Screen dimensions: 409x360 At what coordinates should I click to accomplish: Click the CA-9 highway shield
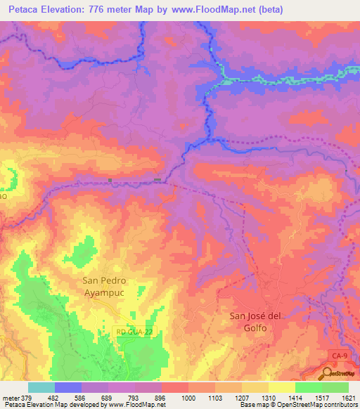point(340,358)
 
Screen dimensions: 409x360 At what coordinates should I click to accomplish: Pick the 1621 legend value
point(348,397)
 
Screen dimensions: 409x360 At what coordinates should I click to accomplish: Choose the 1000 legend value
point(188,397)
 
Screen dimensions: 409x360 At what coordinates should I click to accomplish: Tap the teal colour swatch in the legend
point(41,387)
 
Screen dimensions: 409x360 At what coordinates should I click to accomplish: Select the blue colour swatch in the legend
point(67,387)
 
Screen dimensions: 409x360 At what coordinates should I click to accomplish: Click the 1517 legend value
point(321,397)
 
